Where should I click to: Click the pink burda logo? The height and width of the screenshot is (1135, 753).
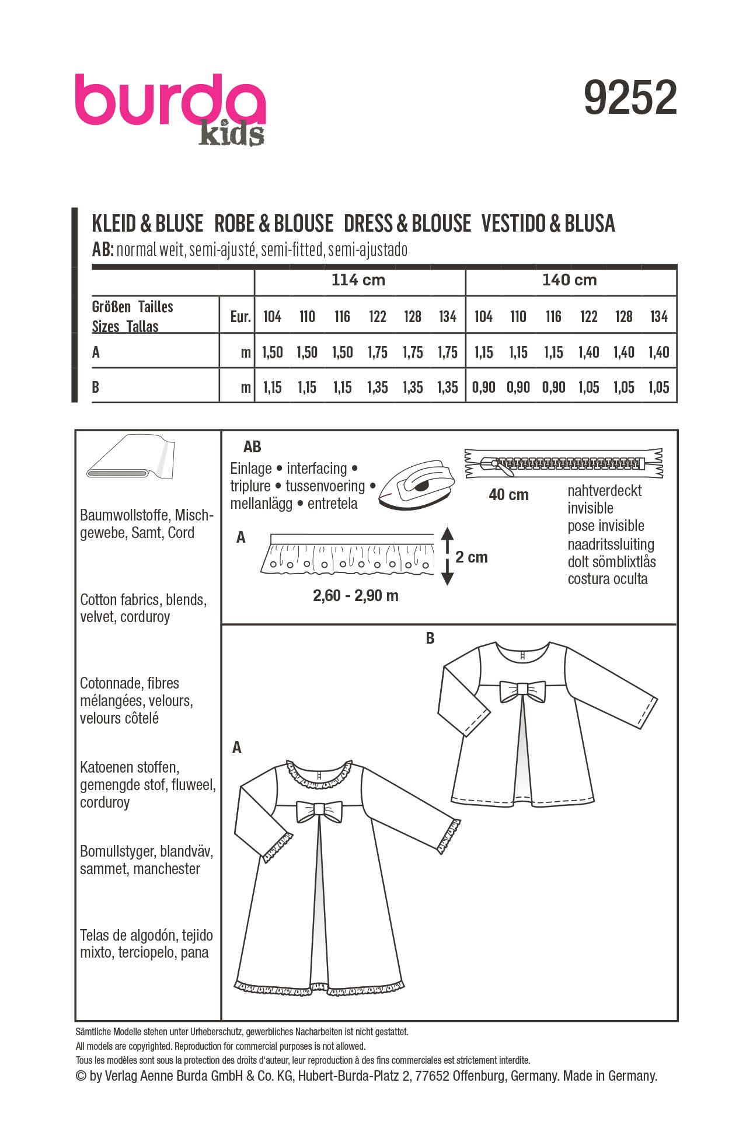(169, 100)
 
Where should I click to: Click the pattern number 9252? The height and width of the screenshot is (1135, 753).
(630, 97)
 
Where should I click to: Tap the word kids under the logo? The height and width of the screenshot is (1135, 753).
(231, 134)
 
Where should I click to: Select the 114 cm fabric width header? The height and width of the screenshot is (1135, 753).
(358, 280)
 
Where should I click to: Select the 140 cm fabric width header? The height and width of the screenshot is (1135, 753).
(569, 280)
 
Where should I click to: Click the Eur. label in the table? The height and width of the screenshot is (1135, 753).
(240, 317)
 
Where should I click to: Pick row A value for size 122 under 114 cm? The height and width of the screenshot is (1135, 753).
(377, 352)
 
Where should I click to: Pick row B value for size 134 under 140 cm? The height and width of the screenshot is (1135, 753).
(658, 387)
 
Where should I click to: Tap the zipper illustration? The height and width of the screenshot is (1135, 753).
(563, 464)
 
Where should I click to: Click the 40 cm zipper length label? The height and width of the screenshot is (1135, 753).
(508, 495)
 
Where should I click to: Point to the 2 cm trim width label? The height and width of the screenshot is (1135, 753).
(472, 557)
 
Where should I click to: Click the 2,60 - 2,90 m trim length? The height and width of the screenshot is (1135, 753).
(355, 596)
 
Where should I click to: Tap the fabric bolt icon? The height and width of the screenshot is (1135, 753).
(131, 457)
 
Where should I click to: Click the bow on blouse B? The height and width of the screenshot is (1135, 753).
(522, 691)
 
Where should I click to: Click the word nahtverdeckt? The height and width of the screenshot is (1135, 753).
(604, 491)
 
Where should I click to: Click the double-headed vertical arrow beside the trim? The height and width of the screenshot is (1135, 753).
(447, 556)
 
